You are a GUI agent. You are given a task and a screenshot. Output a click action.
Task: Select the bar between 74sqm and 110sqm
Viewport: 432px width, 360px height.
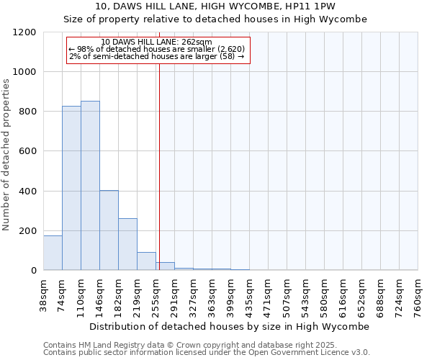71,188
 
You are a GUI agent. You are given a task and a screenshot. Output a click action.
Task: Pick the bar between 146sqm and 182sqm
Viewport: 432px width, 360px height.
109,230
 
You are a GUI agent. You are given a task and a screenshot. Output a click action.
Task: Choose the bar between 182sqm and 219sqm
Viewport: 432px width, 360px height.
127,244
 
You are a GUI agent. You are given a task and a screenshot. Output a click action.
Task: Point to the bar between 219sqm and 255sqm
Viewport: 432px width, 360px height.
146,261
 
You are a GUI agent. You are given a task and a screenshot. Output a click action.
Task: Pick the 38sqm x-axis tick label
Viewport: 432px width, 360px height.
44,296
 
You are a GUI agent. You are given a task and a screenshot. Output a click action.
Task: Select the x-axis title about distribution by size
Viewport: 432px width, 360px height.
230,326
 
